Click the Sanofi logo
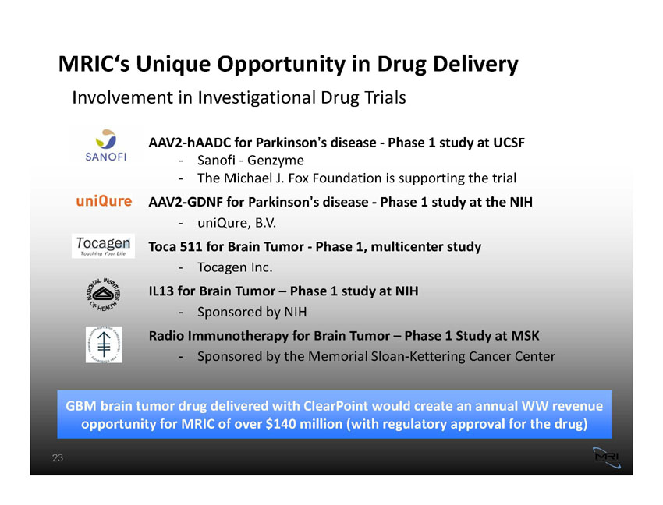106,146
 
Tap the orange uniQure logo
104,201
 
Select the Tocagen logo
103,246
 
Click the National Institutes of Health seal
104,295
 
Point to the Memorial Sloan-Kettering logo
104,344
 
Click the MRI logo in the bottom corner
607,457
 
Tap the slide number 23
58,457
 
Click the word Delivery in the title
476,65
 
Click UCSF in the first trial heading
509,143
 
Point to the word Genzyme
275,161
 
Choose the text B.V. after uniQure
265,223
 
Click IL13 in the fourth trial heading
161,291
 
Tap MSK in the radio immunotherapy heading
525,336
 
